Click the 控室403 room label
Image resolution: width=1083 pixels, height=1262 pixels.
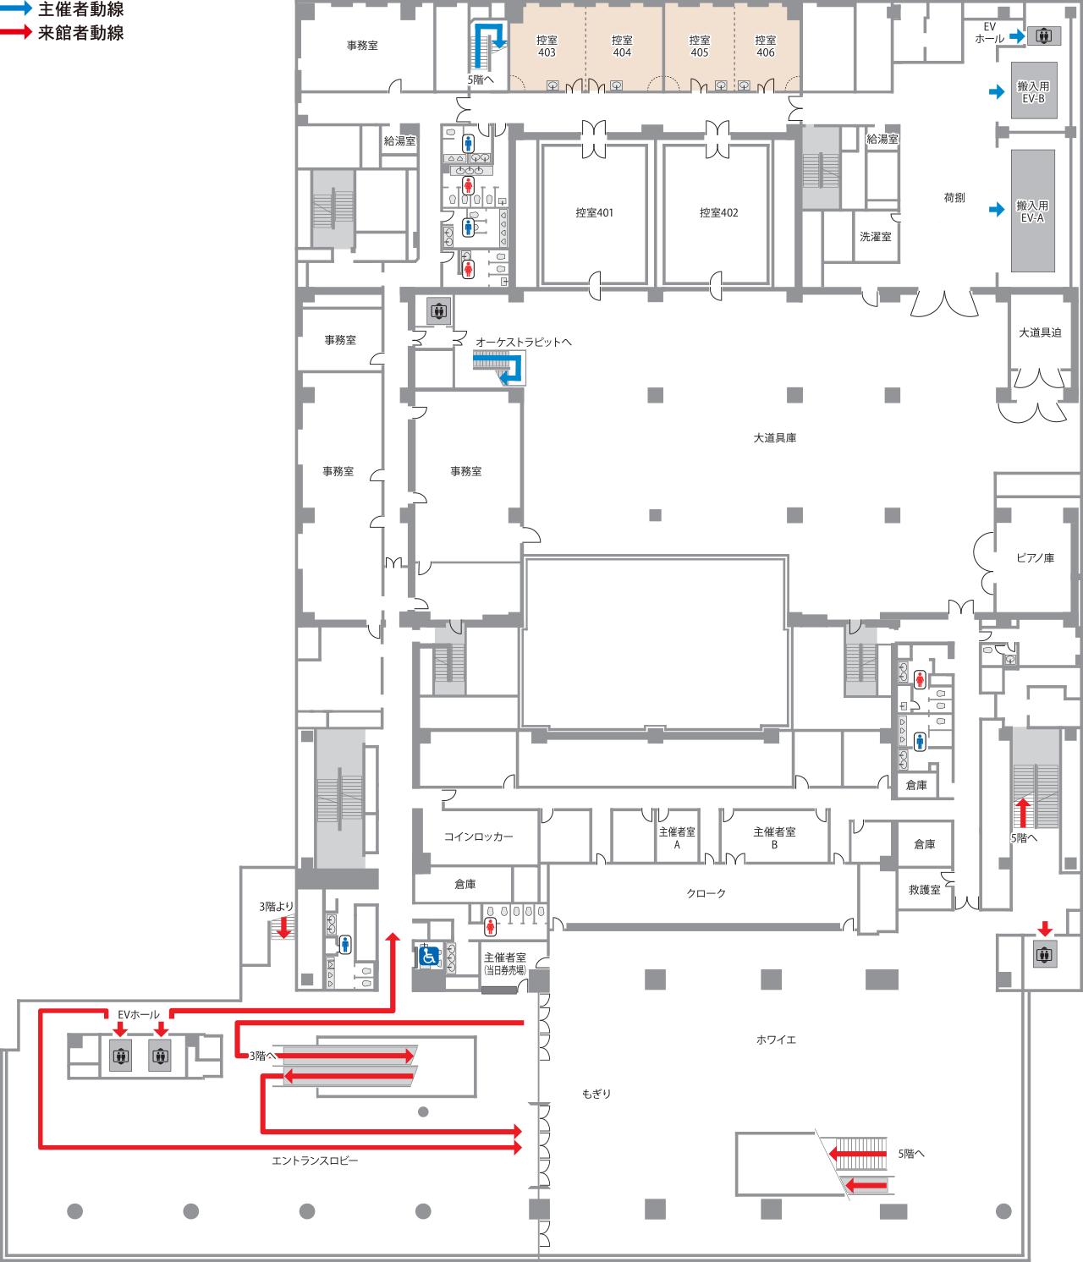(x=547, y=47)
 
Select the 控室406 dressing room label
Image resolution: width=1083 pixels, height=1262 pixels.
(x=766, y=47)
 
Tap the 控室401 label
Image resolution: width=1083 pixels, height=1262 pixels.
(x=594, y=212)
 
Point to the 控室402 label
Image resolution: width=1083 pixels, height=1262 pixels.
(x=719, y=212)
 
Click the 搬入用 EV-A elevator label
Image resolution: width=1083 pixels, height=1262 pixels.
(x=1032, y=211)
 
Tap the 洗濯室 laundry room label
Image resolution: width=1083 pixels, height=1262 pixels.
(x=876, y=236)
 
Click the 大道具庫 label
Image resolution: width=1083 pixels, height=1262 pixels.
(x=774, y=438)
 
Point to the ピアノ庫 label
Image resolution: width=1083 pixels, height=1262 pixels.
(x=1036, y=557)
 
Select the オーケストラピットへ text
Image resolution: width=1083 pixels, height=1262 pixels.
(x=524, y=342)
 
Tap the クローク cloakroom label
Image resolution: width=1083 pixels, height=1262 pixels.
(x=706, y=893)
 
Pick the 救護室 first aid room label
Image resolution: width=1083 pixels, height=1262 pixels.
(x=924, y=890)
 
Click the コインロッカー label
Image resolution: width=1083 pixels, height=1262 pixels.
(x=478, y=837)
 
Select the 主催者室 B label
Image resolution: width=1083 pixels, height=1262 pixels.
(x=774, y=837)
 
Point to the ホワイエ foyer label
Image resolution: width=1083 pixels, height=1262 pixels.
(x=776, y=1040)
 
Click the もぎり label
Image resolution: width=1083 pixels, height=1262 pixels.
(x=596, y=1094)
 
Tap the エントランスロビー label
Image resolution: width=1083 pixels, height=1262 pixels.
(x=316, y=1160)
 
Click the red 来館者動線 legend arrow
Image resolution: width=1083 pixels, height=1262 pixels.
(x=16, y=32)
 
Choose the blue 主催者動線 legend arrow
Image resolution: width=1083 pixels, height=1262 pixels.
(x=16, y=8)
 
